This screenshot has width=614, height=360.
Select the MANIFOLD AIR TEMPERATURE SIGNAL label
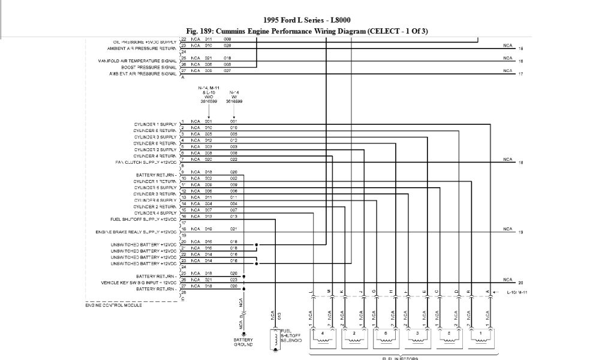click(x=137, y=61)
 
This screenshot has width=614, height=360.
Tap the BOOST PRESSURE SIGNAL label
click(x=148, y=67)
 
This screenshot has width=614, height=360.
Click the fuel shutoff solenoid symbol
click(x=275, y=339)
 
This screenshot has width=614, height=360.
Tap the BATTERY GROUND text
click(x=243, y=342)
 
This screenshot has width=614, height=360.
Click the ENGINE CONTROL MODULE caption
click(x=113, y=305)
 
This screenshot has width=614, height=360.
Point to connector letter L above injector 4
click(x=311, y=292)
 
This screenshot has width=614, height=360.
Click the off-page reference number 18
click(x=521, y=163)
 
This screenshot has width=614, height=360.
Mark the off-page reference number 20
click(x=521, y=283)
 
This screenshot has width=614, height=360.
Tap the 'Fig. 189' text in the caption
click(x=200, y=31)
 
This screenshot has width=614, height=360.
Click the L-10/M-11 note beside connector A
click(x=517, y=292)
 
